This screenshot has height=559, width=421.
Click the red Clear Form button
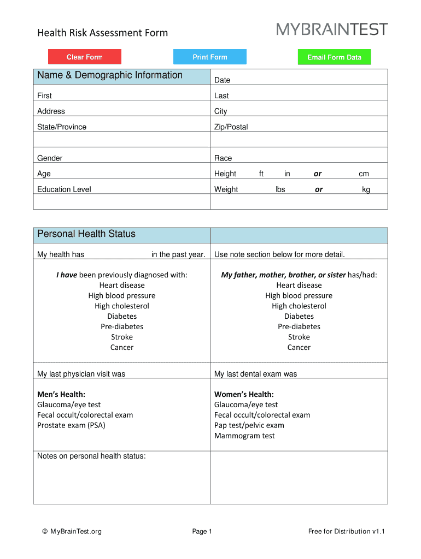[85, 57]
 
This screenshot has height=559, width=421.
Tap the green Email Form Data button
[334, 57]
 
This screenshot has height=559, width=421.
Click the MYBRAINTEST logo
[332, 29]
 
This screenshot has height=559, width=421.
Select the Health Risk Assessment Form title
[102, 33]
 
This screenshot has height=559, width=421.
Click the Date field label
[222, 80]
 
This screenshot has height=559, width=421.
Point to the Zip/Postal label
[231, 127]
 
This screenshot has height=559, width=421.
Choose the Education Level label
[64, 189]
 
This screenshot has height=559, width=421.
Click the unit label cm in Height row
[364, 174]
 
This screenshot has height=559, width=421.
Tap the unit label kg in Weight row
[366, 190]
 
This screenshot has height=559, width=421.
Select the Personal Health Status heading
[86, 234]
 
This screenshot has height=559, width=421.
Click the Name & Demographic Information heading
[110, 75]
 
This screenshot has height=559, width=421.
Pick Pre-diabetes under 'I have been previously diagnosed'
[122, 326]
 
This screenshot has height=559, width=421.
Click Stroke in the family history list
[299, 337]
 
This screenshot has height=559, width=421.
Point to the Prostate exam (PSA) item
[71, 425]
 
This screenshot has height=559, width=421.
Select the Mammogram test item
[244, 436]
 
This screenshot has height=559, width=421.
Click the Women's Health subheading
[244, 394]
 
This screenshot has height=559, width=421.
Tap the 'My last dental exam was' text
[255, 374]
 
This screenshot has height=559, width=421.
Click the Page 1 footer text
[202, 531]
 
